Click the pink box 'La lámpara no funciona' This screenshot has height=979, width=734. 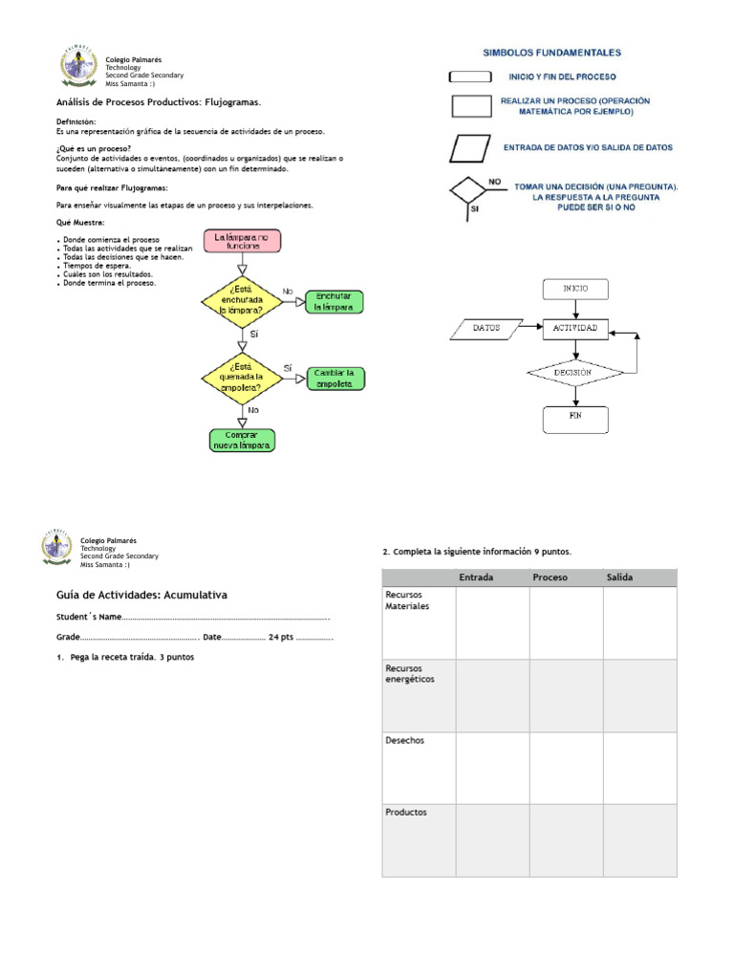(243, 240)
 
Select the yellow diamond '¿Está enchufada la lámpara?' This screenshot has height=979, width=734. (241, 298)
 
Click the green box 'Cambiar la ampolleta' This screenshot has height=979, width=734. (335, 379)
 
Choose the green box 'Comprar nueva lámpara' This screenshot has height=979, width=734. (242, 440)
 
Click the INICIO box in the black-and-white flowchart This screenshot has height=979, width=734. (575, 288)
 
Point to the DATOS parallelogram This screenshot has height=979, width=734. (486, 328)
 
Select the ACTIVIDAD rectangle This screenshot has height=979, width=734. (575, 328)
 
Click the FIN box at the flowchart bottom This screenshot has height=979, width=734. (575, 417)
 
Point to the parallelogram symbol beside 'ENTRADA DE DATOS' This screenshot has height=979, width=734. (468, 148)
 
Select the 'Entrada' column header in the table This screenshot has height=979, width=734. (476, 577)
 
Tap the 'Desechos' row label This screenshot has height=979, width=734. (405, 741)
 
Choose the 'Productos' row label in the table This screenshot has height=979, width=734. (406, 813)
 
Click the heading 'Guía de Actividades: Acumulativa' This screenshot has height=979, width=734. (141, 595)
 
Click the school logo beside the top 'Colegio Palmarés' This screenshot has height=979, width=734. (78, 68)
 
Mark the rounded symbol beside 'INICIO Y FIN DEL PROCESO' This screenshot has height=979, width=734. (468, 76)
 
